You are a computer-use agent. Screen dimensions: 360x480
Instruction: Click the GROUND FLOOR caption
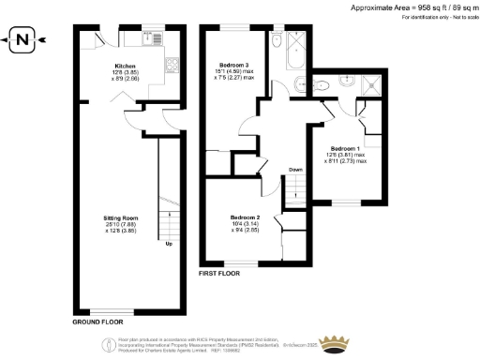(x=98, y=322)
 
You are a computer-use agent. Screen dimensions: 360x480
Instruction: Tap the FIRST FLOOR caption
(x=220, y=274)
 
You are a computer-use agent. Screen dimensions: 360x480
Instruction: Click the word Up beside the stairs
(x=169, y=246)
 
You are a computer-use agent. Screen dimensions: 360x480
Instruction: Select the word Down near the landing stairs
(x=295, y=169)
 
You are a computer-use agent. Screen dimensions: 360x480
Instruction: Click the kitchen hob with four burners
(x=173, y=66)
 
